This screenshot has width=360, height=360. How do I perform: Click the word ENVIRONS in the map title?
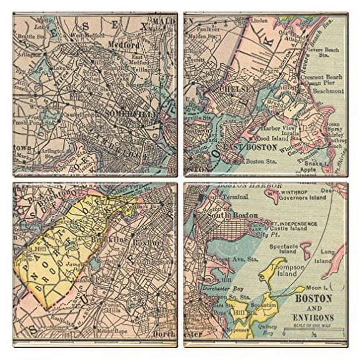313,317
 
